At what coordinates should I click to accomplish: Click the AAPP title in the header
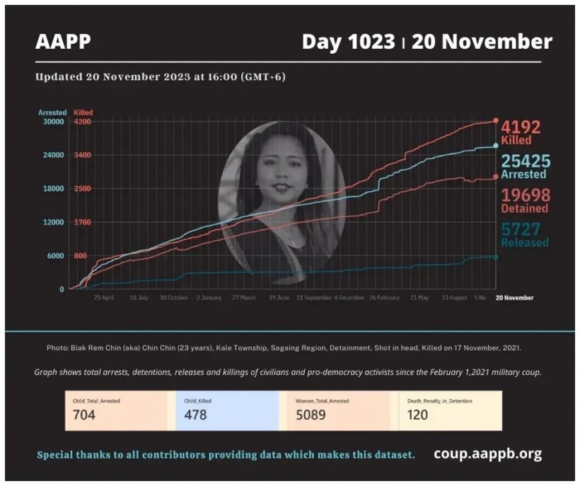coord(63,42)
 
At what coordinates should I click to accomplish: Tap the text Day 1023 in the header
coord(348,42)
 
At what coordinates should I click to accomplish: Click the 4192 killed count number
coord(521,127)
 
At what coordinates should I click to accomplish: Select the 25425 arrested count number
coord(525,161)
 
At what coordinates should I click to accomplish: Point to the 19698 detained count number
coord(525,195)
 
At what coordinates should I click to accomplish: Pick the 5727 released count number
coord(521,229)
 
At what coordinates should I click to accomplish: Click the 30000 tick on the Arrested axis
coord(54,122)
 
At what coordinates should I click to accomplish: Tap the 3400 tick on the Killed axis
coord(83,155)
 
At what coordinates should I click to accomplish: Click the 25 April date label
coord(104,298)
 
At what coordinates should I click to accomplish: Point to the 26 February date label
coord(383,298)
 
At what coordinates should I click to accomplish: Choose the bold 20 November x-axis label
coord(515,298)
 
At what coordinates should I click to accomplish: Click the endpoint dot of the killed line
coord(495,121)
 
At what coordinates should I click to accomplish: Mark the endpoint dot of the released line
coord(495,257)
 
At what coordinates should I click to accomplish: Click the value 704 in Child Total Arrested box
coord(83,415)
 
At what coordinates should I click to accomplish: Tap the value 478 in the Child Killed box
coord(195,415)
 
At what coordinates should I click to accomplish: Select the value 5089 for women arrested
coord(311,415)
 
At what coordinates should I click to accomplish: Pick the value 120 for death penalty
coord(417,415)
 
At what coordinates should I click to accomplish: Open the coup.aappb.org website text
coord(488,453)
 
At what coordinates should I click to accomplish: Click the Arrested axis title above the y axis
coord(52,112)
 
